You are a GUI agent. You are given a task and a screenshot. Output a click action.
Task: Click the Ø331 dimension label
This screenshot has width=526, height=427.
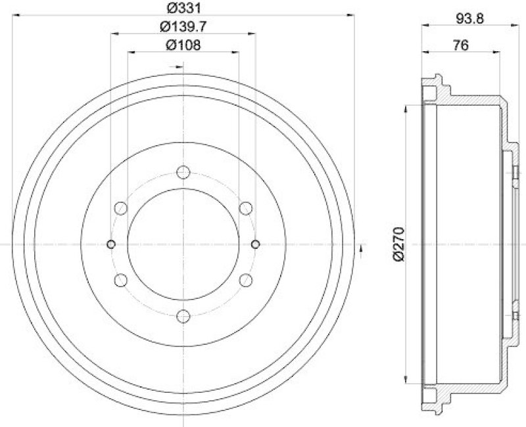pyautogui.click(x=183, y=9)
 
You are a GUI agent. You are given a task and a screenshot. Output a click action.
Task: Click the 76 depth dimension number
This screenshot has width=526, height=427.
pyautogui.click(x=460, y=45)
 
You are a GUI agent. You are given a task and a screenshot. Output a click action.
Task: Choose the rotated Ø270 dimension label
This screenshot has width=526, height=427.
pyautogui.click(x=396, y=244)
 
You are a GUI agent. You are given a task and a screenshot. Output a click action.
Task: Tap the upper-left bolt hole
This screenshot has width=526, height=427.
pyautogui.click(x=120, y=208)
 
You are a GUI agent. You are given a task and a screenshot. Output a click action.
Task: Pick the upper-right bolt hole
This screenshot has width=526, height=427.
pyautogui.click(x=246, y=208)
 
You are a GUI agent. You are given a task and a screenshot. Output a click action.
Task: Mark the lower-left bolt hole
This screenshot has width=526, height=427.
pyautogui.click(x=120, y=281)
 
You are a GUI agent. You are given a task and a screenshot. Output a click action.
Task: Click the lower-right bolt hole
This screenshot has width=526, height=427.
pyautogui.click(x=246, y=281)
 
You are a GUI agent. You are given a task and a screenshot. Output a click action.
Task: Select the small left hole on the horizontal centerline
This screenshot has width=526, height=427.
pyautogui.click(x=111, y=244)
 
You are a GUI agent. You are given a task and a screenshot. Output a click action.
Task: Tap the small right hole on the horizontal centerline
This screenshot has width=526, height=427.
pyautogui.click(x=255, y=244)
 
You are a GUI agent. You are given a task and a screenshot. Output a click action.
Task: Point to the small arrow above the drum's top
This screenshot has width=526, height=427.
pyautogui.click(x=175, y=66)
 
